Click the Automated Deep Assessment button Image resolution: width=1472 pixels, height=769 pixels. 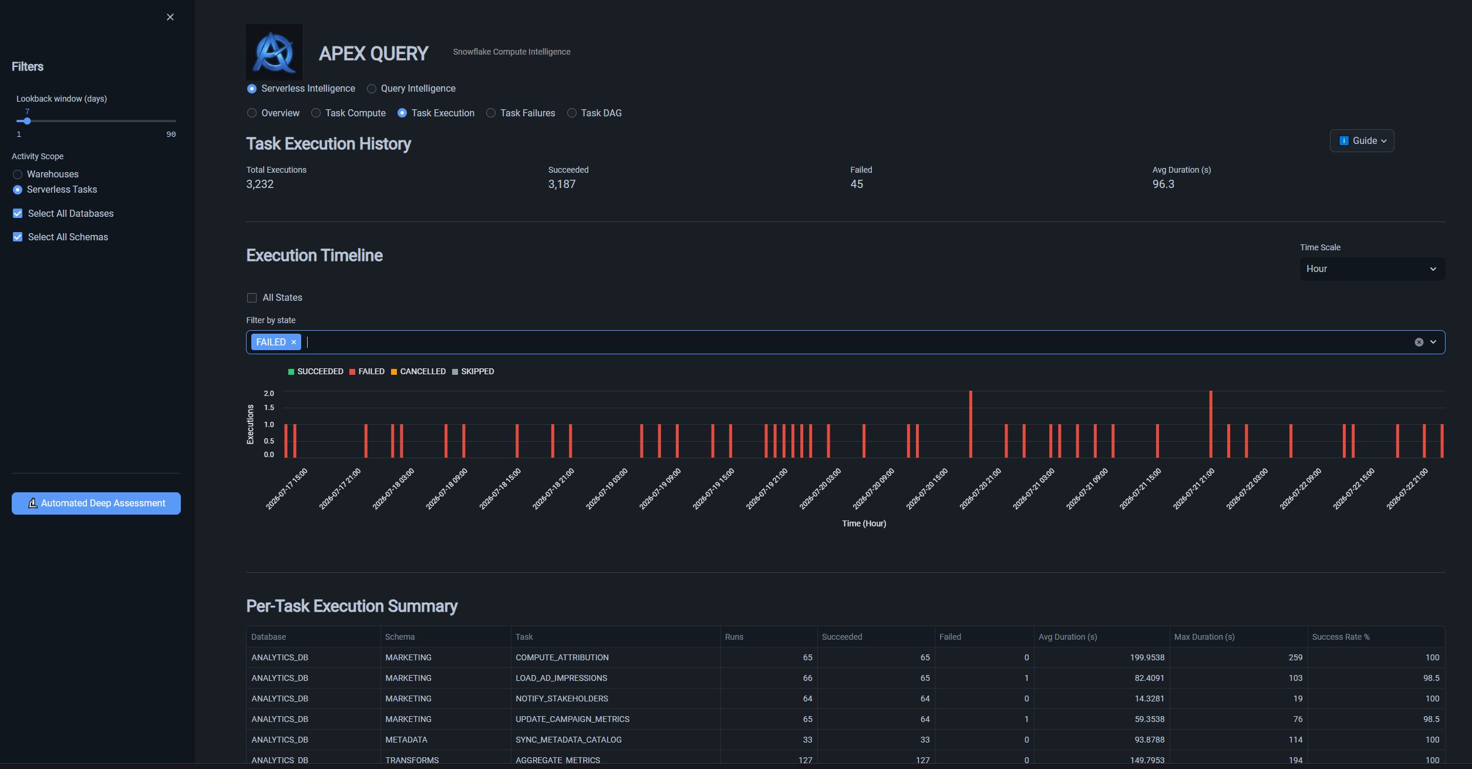pos(96,503)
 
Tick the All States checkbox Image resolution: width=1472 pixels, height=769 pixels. pos(252,298)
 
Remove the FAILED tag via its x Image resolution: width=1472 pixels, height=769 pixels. pos(294,342)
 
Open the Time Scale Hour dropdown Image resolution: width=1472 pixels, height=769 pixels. pos(1372,269)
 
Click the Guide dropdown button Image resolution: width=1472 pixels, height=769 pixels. pos(1362,141)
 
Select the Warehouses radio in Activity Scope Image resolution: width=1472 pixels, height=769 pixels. pos(18,174)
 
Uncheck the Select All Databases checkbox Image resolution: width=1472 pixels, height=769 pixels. pos(18,214)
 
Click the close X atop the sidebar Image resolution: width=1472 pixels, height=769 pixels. pos(170,17)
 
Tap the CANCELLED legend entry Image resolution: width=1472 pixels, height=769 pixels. pos(418,372)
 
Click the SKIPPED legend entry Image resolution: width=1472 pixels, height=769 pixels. pos(473,372)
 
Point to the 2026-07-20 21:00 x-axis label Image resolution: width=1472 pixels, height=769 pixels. pos(981,489)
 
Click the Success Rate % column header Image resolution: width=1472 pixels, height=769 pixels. pos(1340,637)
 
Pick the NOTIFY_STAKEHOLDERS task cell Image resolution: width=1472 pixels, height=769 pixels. pos(562,699)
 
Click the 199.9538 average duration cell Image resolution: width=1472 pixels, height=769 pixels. pos(1147,658)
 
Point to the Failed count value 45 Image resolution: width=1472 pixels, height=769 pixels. pos(857,184)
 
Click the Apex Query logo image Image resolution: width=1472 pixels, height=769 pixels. pos(274,52)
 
